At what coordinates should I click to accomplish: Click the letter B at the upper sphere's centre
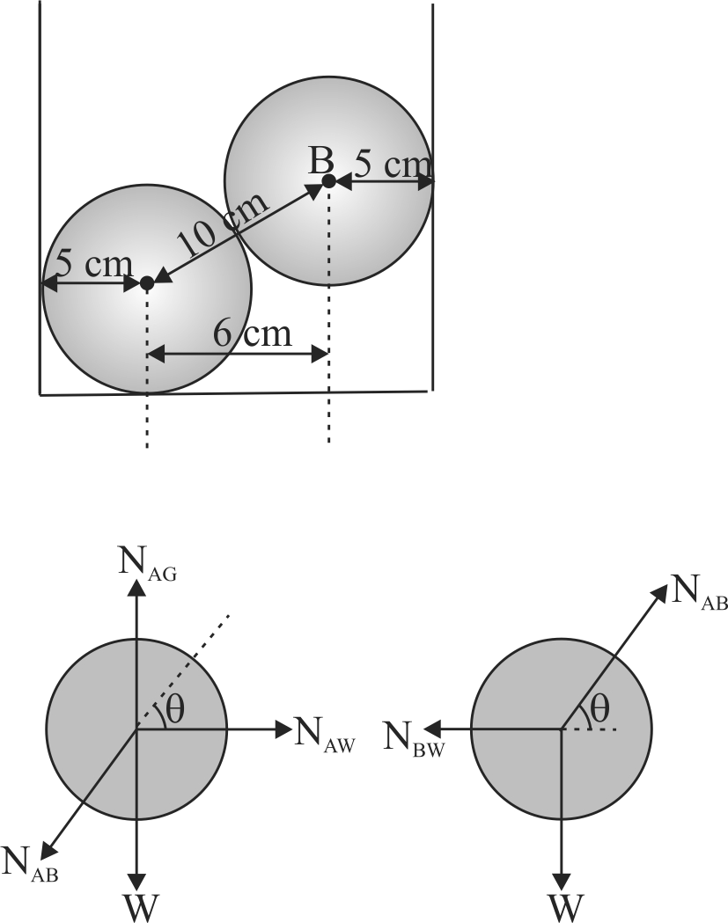(x=320, y=162)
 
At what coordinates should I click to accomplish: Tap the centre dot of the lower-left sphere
(x=147, y=283)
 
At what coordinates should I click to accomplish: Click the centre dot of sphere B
(x=327, y=181)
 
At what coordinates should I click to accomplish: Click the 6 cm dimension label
(x=253, y=334)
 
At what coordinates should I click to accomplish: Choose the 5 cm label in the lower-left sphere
(x=94, y=263)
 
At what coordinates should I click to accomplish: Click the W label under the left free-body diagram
(x=136, y=905)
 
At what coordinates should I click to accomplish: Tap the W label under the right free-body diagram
(x=563, y=905)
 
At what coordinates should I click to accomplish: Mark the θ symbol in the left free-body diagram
(x=173, y=711)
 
